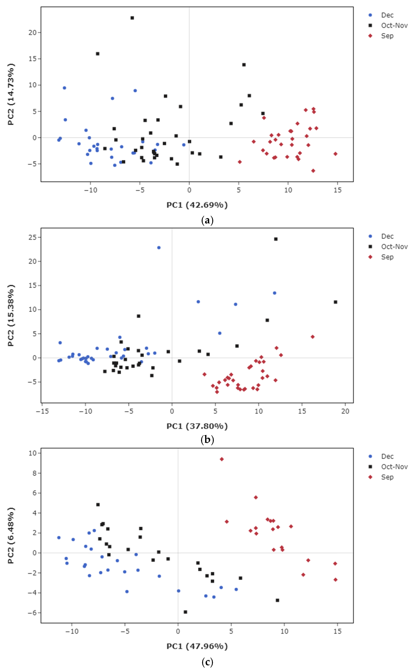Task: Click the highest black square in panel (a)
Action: tap(132, 18)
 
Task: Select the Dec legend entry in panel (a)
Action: tap(387, 15)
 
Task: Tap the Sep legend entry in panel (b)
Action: tap(387, 257)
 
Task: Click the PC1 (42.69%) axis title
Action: tap(197, 205)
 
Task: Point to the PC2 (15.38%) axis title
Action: tap(11, 315)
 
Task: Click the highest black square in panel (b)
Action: tap(276, 239)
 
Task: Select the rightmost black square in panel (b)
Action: tap(335, 302)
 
